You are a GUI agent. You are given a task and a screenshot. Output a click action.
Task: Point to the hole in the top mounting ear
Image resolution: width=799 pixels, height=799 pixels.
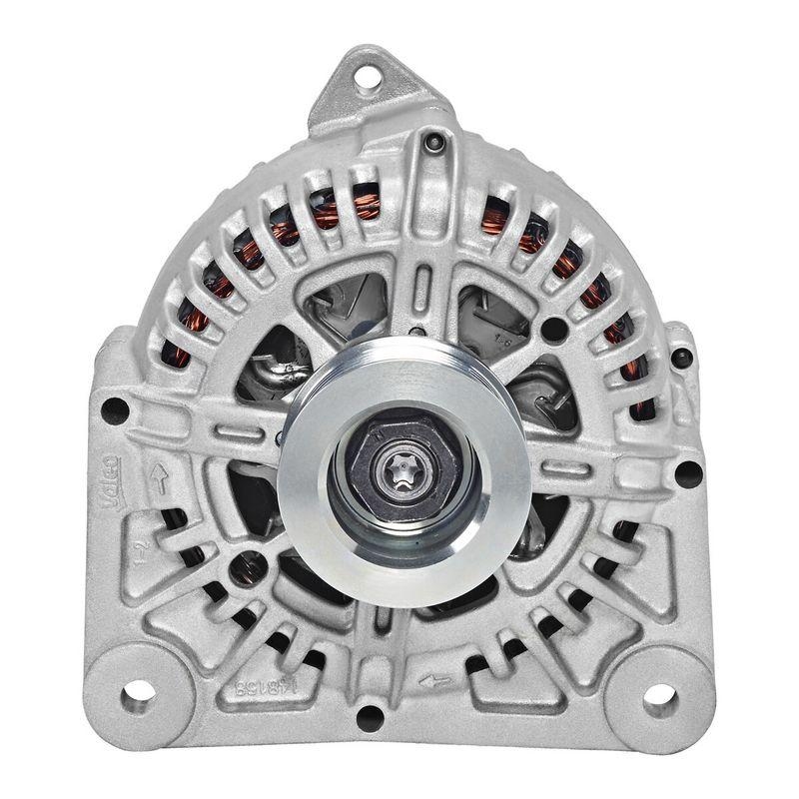point(368,74)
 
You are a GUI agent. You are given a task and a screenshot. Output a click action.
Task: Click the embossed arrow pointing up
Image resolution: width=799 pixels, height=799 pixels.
point(157,475)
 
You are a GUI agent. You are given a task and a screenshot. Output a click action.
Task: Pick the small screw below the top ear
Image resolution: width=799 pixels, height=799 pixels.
point(431,144)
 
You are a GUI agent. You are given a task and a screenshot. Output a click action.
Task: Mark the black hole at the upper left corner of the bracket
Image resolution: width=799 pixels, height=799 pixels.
point(115,409)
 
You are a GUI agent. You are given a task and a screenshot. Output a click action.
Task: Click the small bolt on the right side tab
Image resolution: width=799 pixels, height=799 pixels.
point(681,357)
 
